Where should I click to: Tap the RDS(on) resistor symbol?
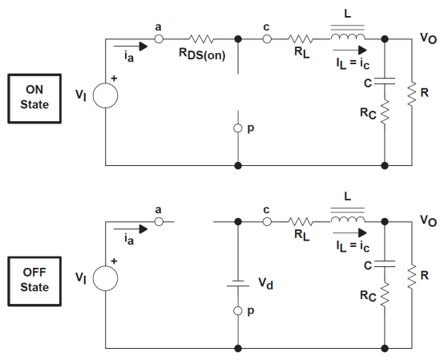(201, 39)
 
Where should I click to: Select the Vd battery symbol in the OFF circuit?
(238, 284)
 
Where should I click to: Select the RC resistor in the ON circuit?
(385, 111)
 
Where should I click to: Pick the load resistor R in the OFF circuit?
(412, 277)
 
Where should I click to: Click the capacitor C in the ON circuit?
(385, 81)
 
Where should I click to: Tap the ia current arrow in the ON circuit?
(131, 47)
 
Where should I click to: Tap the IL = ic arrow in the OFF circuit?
(350, 233)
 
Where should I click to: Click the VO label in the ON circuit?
(428, 38)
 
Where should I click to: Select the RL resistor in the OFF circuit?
(301, 222)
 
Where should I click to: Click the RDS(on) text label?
(202, 54)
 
